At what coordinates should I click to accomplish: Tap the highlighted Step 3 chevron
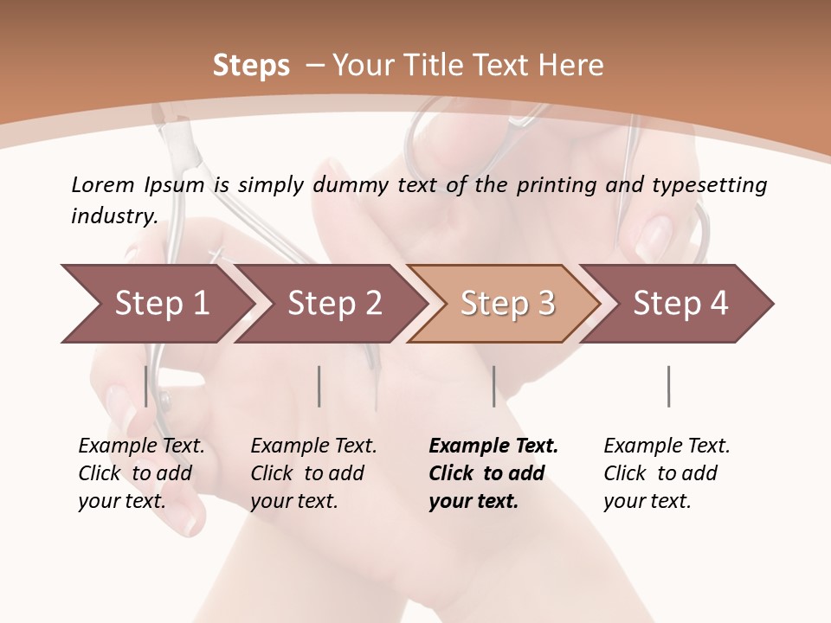[x=507, y=304]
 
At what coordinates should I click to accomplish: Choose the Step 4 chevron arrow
[x=680, y=304]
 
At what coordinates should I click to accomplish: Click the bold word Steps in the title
[x=251, y=66]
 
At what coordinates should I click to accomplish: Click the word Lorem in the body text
[x=102, y=185]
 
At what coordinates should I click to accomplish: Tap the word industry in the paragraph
[x=113, y=216]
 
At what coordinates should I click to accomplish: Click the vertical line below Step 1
[x=145, y=386]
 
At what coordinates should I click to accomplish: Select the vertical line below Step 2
[x=319, y=386]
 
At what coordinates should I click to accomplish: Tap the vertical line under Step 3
[x=493, y=386]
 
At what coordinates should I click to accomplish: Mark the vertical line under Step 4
[x=668, y=386]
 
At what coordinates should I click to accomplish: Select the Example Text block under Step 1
[x=141, y=473]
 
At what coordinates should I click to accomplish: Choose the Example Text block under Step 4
[x=667, y=473]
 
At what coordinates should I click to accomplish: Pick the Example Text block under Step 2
[x=313, y=473]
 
